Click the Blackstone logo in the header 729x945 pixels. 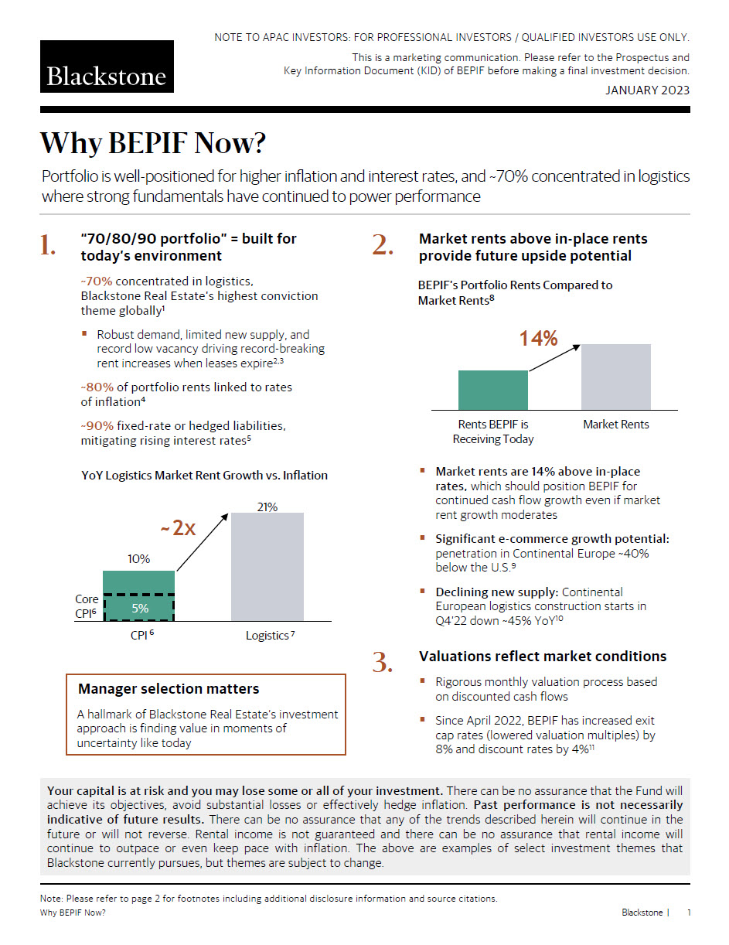(x=107, y=67)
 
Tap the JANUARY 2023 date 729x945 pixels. (x=647, y=90)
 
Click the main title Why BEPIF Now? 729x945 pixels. (x=152, y=144)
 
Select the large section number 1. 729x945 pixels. (x=48, y=246)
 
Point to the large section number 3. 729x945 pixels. (x=384, y=662)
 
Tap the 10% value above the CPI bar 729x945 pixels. (x=138, y=559)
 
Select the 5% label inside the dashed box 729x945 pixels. (x=139, y=608)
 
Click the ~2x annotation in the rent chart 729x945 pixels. (x=178, y=529)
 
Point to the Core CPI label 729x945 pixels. (x=87, y=606)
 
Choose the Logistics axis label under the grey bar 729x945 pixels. (x=267, y=636)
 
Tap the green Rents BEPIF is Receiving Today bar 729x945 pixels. (x=492, y=390)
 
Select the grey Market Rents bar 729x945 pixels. (x=615, y=377)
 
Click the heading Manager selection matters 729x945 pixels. (x=169, y=688)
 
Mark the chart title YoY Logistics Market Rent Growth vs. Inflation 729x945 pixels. (x=204, y=476)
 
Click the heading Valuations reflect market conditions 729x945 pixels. (x=542, y=657)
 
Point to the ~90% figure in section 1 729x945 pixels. (x=97, y=426)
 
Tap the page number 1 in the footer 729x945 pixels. (x=689, y=913)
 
